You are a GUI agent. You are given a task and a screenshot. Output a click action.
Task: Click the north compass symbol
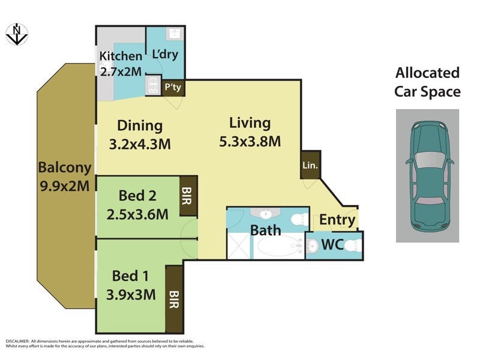[17, 34]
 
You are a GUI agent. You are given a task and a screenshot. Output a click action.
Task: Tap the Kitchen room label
[121, 56]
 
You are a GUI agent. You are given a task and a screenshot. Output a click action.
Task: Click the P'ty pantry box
[173, 88]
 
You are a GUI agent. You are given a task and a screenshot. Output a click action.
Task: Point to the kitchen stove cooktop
[152, 85]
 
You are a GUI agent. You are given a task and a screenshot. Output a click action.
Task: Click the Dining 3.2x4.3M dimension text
[140, 145]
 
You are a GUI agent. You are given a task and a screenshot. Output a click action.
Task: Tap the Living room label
[250, 123]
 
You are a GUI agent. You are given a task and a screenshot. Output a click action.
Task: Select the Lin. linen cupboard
[310, 164]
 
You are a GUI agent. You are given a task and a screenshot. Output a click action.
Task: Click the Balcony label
[65, 167]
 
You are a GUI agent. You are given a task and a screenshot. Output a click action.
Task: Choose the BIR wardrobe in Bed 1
[174, 299]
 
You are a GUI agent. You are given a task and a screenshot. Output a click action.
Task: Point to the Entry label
[337, 220]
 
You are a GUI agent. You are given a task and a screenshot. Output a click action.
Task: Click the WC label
[332, 245]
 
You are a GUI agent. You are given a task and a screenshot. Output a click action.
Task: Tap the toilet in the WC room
[354, 245]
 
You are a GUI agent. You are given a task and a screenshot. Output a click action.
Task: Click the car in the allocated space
[428, 175]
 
